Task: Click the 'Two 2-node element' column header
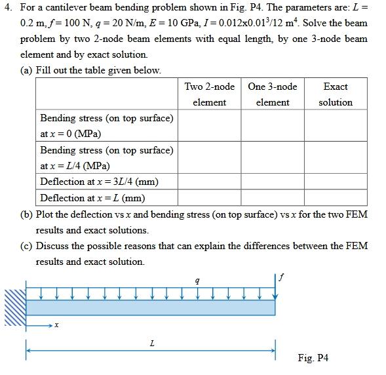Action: (x=209, y=94)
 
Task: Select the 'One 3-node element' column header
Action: (x=273, y=94)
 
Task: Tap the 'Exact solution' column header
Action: (x=336, y=94)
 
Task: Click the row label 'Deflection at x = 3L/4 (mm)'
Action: (x=99, y=182)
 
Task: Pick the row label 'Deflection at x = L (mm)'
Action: (x=92, y=197)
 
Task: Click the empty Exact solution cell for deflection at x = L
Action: (x=336, y=197)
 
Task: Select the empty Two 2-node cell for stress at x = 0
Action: (x=209, y=126)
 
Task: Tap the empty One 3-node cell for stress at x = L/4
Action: (x=273, y=157)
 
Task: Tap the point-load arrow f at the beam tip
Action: (x=275, y=288)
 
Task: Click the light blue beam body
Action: (x=151, y=307)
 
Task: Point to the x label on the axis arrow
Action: (x=57, y=325)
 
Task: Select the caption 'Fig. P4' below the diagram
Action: (x=313, y=358)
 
